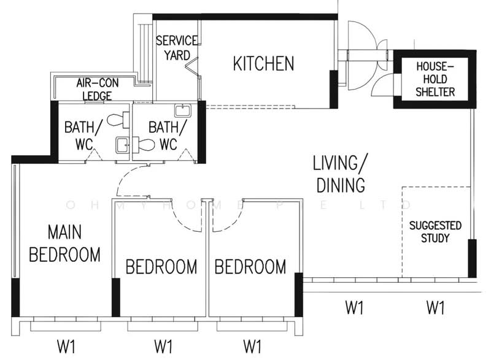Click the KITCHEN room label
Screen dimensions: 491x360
point(264,63)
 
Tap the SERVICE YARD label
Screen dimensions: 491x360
point(177,48)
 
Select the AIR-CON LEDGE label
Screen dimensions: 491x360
point(98,89)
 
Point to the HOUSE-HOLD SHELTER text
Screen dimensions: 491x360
point(435,79)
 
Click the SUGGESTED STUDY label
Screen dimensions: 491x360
point(435,232)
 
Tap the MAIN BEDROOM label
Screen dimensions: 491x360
point(65,243)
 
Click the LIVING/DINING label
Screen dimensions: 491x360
point(341,174)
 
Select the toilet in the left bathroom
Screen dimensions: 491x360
point(118,120)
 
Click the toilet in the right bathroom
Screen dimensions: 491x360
point(144,145)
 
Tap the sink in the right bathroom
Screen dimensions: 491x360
point(182,111)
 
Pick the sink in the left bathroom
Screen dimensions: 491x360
point(122,145)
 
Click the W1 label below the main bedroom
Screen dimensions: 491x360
point(66,347)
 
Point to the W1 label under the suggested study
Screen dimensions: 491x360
point(435,307)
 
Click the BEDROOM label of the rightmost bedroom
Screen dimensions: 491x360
point(250,267)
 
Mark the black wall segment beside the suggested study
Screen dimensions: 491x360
point(472,258)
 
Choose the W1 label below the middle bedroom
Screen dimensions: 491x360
point(163,347)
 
